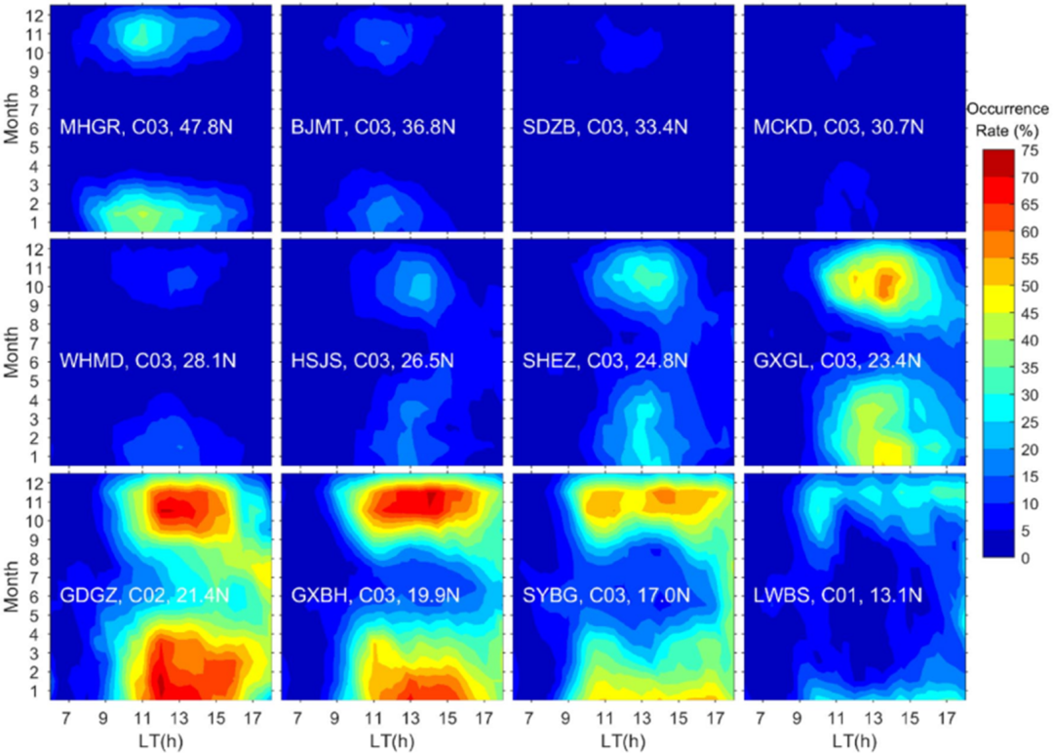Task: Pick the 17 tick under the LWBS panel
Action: [x=944, y=717]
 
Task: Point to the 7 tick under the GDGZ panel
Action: [x=67, y=717]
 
